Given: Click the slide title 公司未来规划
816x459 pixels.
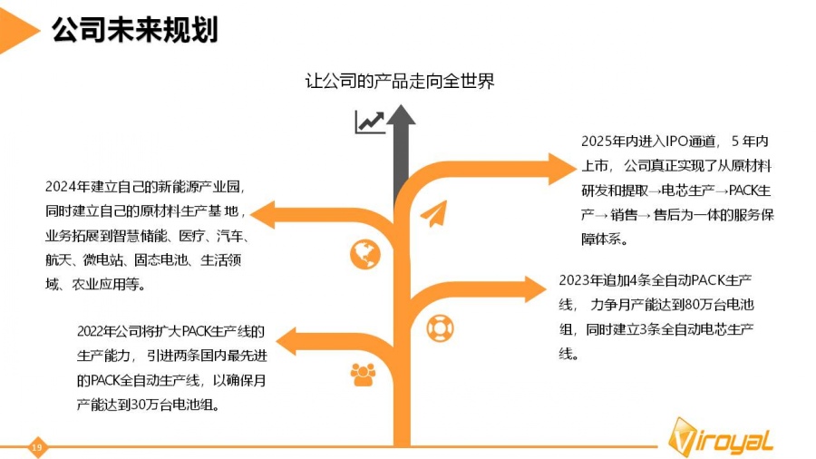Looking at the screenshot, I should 134,30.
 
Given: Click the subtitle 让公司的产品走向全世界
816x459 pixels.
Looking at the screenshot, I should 400,82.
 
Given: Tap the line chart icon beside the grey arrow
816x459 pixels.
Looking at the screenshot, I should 369,122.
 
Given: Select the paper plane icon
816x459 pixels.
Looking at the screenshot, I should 433,215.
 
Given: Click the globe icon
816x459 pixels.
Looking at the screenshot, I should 364,254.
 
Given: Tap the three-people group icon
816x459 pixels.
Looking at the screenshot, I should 363,373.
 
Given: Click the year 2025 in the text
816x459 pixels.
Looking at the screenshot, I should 597,142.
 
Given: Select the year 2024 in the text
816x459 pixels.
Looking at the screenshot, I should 60,186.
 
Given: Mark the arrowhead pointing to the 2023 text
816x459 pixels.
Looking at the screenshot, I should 536,289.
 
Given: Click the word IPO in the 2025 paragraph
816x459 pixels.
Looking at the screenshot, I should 679,142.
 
